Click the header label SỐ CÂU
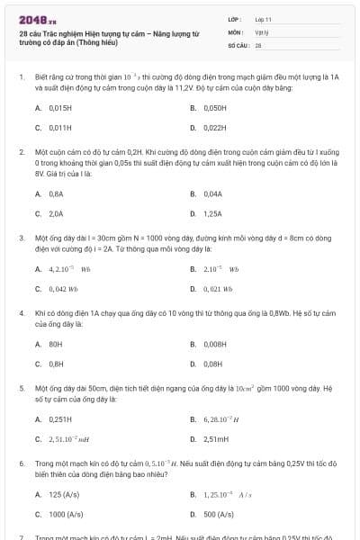pos(238,43)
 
